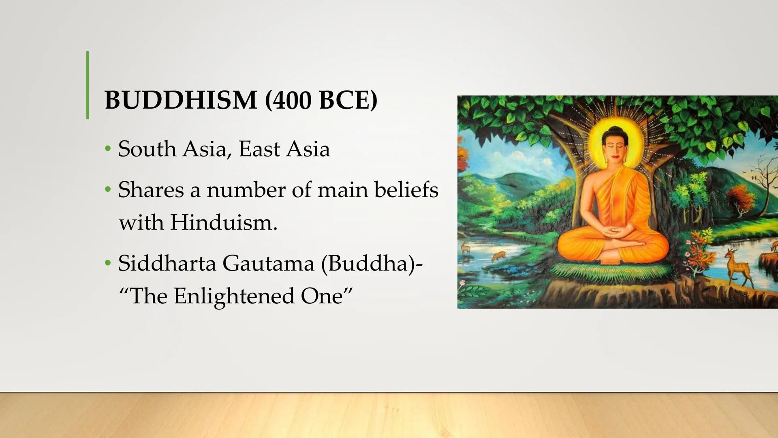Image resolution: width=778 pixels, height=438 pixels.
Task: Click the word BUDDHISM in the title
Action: pos(181,100)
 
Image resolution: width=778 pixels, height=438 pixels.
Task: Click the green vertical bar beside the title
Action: pos(88,85)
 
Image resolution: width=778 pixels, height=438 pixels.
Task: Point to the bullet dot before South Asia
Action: pos(107,149)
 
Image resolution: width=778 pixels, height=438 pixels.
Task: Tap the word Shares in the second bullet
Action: pos(151,189)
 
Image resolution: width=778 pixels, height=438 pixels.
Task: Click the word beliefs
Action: pos(406,189)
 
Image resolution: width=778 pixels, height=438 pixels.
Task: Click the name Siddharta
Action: pos(167,263)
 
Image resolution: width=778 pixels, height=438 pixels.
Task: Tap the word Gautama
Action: pos(268,263)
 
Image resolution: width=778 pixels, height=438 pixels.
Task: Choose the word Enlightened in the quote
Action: pos(234,296)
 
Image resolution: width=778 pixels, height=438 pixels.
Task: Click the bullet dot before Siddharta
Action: pos(107,263)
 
